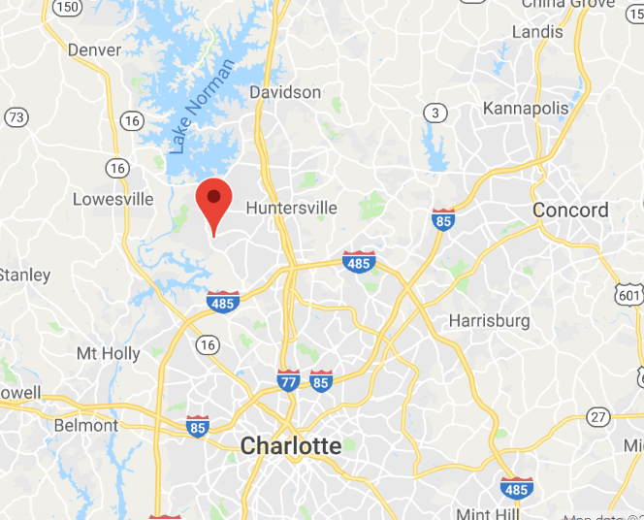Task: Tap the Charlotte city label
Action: [x=291, y=446]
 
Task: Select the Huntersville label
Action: [x=291, y=208]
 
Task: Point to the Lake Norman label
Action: [x=202, y=107]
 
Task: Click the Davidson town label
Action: [x=285, y=92]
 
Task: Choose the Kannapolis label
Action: [x=526, y=108]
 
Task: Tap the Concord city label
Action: [x=570, y=210]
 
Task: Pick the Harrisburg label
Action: [x=490, y=320]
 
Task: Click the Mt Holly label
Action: [x=109, y=353]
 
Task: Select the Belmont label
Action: [x=85, y=425]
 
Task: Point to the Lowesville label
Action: [x=113, y=199]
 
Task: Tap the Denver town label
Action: [x=95, y=49]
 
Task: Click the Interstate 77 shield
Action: [x=288, y=379]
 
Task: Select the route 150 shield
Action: [x=68, y=7]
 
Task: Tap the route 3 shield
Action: [x=435, y=114]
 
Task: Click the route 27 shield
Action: [x=597, y=417]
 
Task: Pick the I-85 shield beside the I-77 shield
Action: [x=321, y=379]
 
